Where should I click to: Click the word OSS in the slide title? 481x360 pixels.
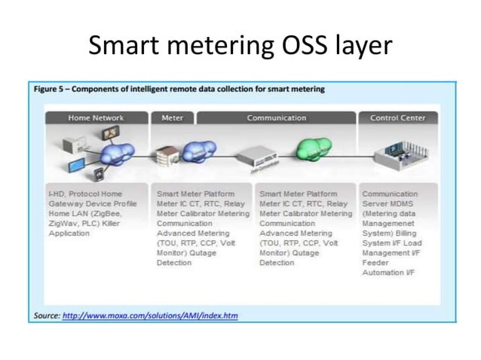302,46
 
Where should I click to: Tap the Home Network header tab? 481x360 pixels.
96,117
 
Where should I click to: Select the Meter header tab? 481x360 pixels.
173,117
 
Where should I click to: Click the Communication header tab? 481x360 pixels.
276,117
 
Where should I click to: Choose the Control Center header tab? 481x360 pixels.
397,117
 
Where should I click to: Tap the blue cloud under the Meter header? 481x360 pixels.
200,152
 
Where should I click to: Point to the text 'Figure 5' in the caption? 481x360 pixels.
51,89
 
